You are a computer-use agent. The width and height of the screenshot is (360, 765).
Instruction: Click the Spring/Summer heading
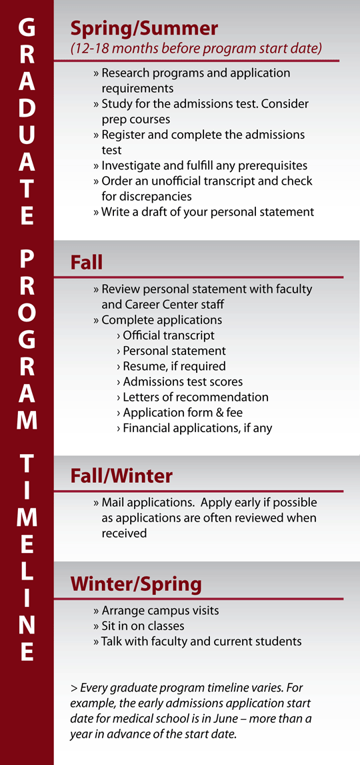(x=144, y=29)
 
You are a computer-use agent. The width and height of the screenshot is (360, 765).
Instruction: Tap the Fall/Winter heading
(x=121, y=476)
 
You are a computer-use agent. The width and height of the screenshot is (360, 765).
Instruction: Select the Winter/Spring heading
(x=136, y=584)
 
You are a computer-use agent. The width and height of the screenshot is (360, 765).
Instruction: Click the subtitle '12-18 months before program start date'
(x=196, y=49)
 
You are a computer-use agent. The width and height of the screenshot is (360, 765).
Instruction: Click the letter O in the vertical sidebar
(x=27, y=313)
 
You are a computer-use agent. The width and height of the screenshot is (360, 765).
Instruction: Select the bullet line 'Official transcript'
(x=169, y=335)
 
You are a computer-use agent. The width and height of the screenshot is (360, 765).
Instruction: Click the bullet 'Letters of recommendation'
(x=195, y=397)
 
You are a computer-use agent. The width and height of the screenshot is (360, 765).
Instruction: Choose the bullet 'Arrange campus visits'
(x=160, y=610)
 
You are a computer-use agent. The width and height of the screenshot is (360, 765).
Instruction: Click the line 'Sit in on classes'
(x=143, y=626)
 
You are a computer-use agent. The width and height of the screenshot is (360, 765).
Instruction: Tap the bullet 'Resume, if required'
(x=174, y=366)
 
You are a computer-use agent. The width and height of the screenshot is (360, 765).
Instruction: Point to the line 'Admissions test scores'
(x=183, y=381)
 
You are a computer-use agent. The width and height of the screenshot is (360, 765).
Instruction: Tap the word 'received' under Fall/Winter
(x=124, y=533)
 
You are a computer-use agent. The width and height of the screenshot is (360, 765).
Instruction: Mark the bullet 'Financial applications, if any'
(x=197, y=428)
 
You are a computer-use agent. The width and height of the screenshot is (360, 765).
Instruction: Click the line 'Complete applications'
(x=161, y=320)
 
